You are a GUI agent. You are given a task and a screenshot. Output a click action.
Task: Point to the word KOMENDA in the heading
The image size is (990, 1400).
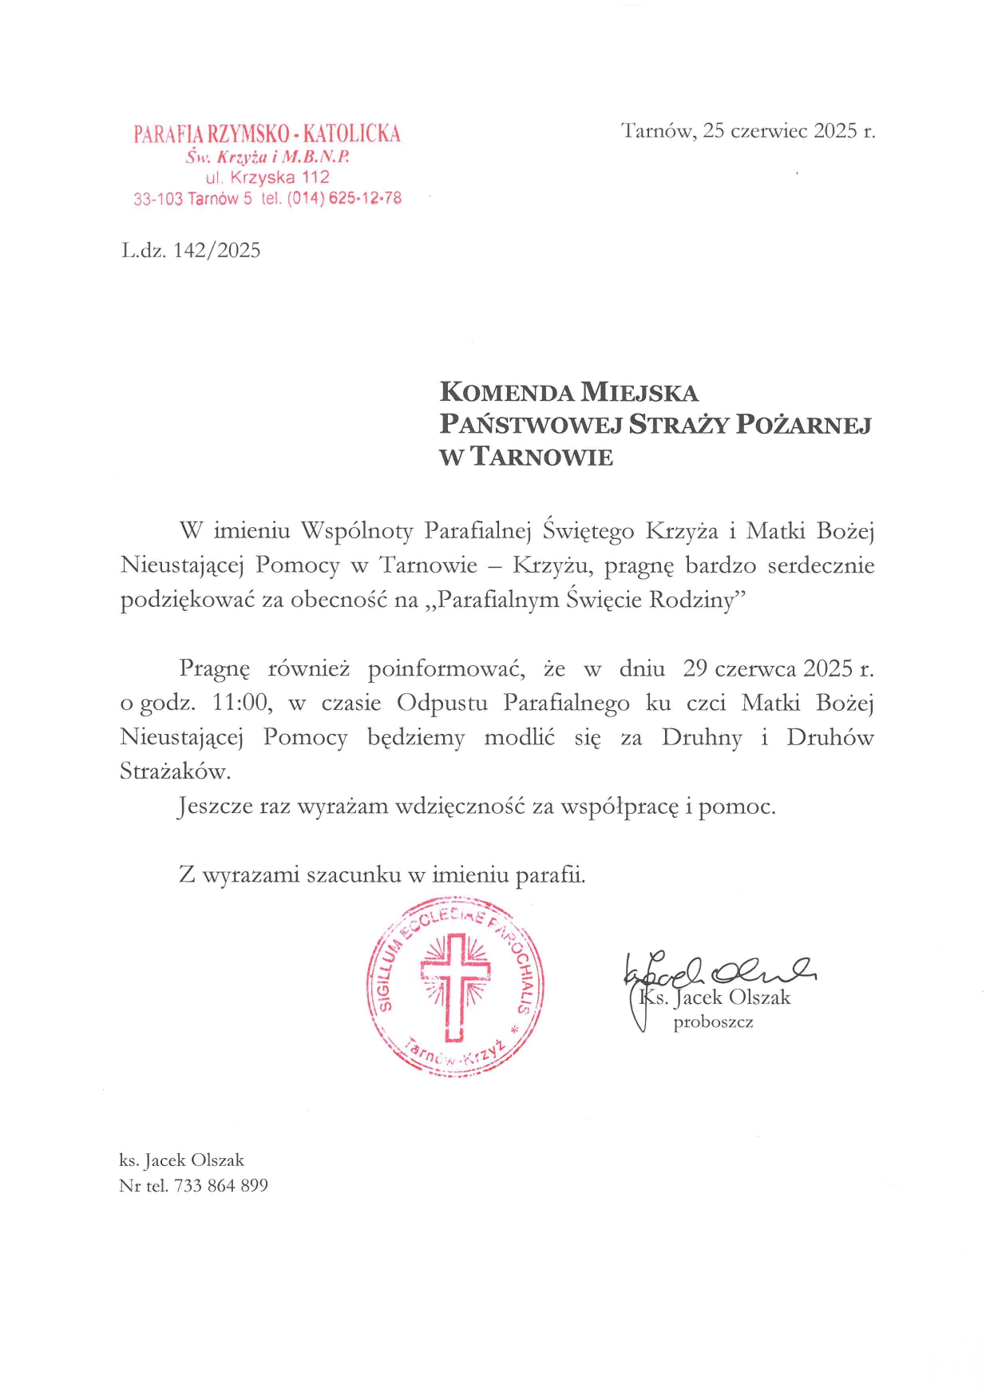tap(507, 392)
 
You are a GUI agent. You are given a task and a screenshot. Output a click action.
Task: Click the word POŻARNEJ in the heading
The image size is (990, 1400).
tap(803, 424)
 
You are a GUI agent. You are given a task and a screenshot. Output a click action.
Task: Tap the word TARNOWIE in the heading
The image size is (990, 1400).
tap(542, 457)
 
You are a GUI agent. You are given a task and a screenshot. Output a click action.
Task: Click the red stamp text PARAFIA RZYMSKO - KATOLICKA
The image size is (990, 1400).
tap(267, 133)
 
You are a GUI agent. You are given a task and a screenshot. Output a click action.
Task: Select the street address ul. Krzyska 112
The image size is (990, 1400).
tap(267, 177)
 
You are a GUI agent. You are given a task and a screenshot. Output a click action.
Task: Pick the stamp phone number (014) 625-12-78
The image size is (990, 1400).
tap(344, 198)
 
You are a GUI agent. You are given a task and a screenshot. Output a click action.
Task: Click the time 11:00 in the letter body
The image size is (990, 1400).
tap(240, 703)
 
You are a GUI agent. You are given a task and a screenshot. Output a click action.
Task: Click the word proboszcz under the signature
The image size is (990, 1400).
tap(713, 1022)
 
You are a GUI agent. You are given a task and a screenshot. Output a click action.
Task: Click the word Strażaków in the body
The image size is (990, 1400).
tap(175, 771)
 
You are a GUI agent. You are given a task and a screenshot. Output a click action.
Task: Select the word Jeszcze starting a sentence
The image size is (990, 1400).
tap(215, 807)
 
